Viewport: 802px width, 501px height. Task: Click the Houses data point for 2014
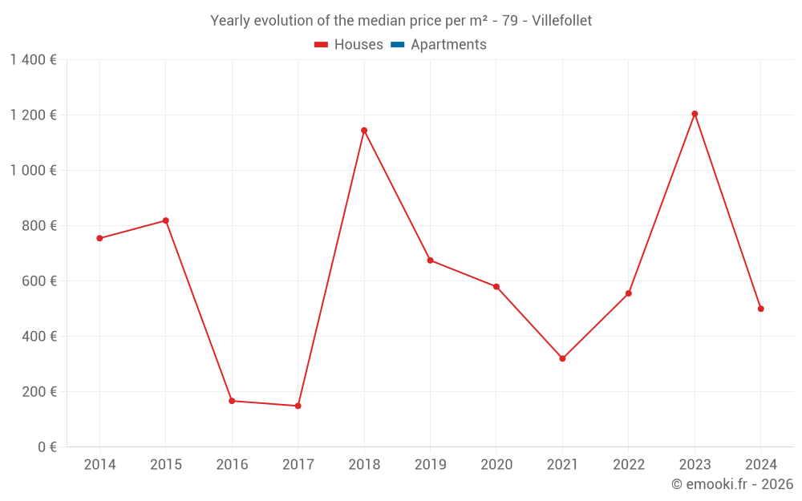[x=99, y=238]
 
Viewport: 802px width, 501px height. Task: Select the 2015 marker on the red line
[x=166, y=220]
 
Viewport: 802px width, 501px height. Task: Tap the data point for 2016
[x=232, y=401]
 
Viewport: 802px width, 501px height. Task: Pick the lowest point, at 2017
[x=298, y=406]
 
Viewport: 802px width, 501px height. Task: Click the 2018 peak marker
[x=364, y=131]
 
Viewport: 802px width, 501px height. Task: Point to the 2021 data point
[x=562, y=358]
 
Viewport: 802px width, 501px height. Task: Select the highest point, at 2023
[x=695, y=114]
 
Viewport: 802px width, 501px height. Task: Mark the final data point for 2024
[x=760, y=309]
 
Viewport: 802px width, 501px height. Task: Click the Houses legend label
[x=358, y=45]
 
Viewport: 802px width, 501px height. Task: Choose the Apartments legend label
[x=448, y=45]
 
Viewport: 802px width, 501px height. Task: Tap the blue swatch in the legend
[x=397, y=45]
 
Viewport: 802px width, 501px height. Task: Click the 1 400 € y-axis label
[x=34, y=59]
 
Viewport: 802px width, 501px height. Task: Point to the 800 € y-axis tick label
[x=38, y=226]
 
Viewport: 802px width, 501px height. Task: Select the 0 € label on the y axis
[x=47, y=446]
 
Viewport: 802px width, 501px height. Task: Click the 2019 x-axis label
[x=430, y=465]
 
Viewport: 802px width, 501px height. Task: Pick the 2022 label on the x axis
[x=628, y=465]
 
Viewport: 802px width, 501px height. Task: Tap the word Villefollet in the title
[x=561, y=21]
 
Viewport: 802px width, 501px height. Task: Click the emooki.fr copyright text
[x=731, y=484]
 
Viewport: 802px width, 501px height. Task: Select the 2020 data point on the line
[x=496, y=287]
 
